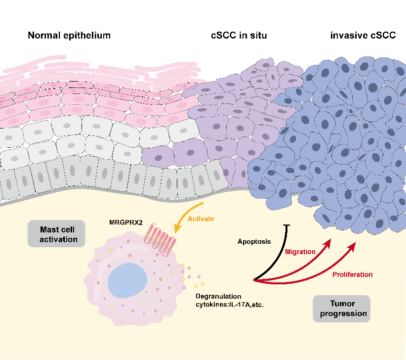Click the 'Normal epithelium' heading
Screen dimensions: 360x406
coord(69,36)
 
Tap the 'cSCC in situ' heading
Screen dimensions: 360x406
coord(237,36)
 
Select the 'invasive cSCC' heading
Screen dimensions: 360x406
coord(363,36)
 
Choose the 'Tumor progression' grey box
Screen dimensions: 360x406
coord(341,309)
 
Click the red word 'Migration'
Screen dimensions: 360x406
coord(300,252)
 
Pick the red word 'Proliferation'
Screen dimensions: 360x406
coord(352,274)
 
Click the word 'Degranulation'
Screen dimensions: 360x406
coord(216,295)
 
